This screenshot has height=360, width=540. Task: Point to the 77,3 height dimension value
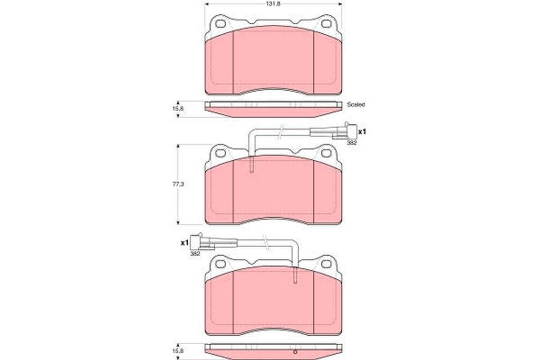point(178,184)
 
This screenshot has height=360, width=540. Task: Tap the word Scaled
point(356,104)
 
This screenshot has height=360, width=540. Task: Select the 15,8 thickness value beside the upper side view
point(178,108)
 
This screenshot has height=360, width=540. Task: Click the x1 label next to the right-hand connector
point(362,131)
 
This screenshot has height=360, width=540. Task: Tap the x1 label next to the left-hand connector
point(185,242)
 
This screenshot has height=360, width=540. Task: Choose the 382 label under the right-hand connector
point(352,142)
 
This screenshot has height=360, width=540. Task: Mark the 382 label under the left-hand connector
point(195,254)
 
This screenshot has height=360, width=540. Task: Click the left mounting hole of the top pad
point(220,24)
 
